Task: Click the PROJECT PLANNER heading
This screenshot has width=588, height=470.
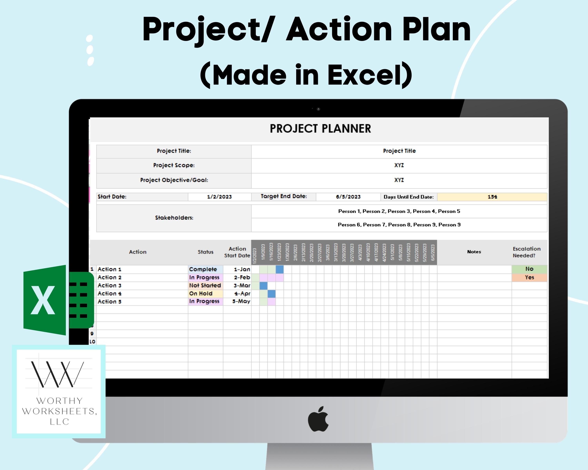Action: tap(320, 129)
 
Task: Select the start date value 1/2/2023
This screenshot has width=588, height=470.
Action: tap(219, 197)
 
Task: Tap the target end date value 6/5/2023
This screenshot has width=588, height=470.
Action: tap(348, 197)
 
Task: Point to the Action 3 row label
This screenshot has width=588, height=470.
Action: tap(109, 285)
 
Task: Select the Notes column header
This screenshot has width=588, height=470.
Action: tap(474, 252)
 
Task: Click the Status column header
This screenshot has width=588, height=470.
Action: tap(205, 252)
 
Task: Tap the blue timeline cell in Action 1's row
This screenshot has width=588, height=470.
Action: tap(279, 269)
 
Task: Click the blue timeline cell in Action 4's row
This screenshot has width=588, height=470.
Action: tap(271, 293)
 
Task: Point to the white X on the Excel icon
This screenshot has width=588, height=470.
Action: tap(43, 300)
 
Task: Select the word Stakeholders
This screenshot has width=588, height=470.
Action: tap(174, 218)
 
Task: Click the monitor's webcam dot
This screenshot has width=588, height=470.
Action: tap(318, 109)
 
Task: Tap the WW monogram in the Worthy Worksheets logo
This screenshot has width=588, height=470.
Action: tap(57, 374)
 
